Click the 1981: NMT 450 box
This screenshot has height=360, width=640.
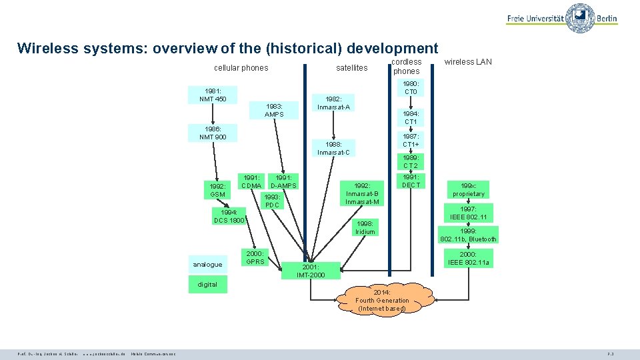coord(213,95)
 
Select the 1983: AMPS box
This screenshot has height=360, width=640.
coord(274,110)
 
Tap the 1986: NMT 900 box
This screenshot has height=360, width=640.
coord(213,133)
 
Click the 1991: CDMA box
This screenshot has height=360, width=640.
coord(251,181)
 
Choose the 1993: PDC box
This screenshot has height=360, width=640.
coord(272,201)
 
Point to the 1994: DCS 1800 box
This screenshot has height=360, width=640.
coord(229,216)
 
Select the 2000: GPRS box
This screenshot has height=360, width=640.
coord(255,257)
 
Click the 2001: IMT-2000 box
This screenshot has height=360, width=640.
coord(312,271)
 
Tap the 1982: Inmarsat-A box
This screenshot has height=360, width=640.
coord(334,103)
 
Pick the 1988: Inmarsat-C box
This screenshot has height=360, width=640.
coord(334,148)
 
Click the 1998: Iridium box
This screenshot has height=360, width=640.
coord(365,227)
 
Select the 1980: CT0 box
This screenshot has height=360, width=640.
coord(411,87)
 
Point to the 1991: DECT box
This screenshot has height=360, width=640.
coord(411,181)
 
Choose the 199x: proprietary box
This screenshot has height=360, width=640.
coord(468,190)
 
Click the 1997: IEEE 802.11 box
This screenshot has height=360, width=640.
coord(468,213)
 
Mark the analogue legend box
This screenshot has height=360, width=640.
coord(207,265)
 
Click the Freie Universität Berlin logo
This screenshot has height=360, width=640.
coord(562,18)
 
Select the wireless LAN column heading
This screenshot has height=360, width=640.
coord(468,62)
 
